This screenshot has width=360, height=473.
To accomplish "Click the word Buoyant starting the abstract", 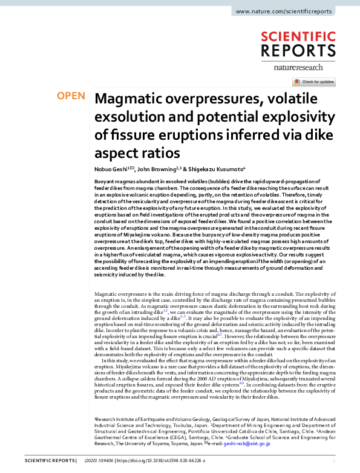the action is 106,181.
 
